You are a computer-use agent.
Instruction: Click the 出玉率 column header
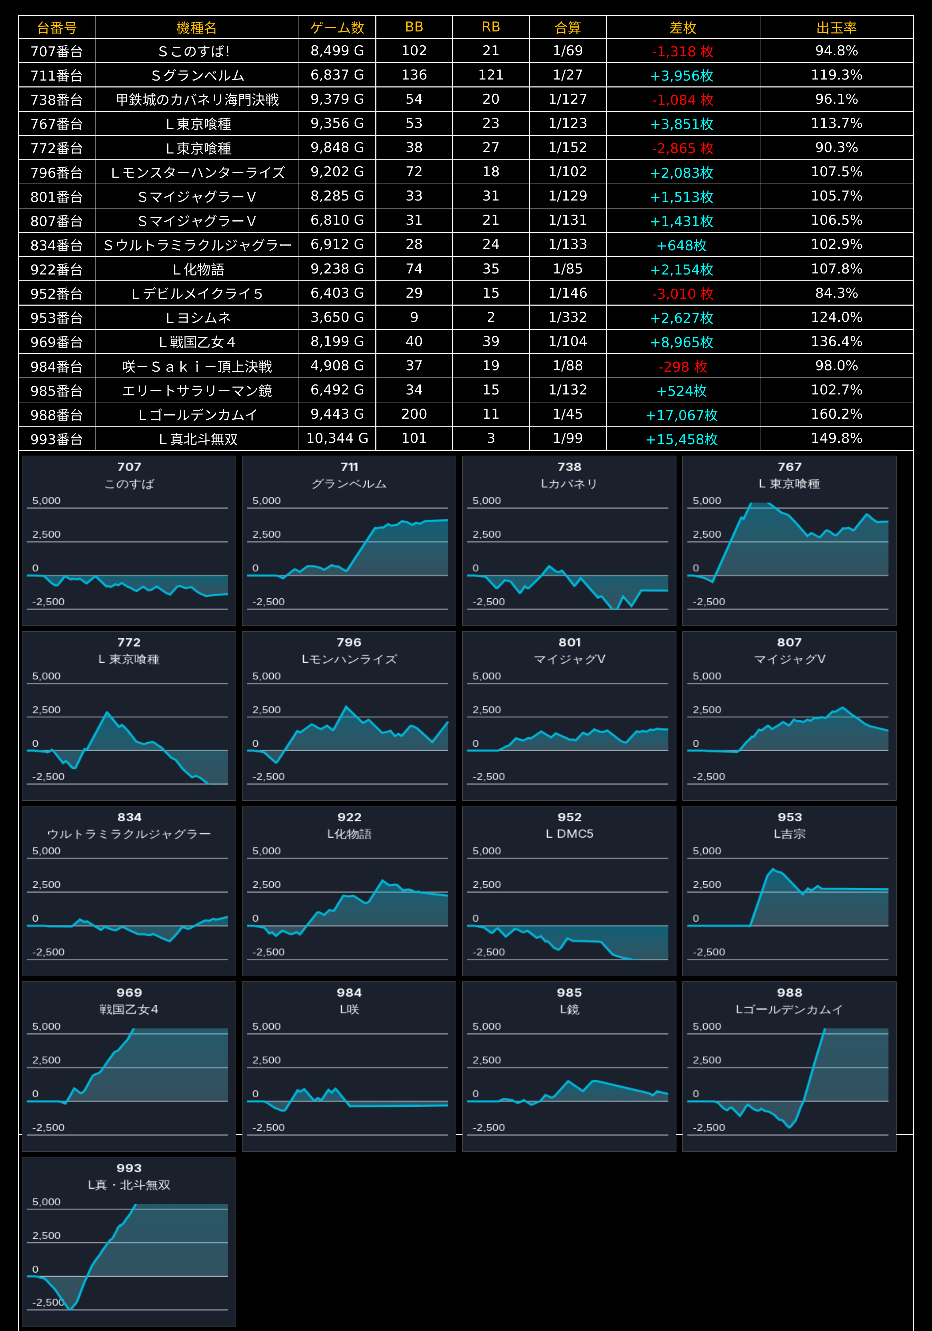836,27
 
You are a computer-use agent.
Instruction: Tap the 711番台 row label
56,75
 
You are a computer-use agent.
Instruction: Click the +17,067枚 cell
682,415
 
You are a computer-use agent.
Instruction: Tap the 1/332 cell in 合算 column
568,317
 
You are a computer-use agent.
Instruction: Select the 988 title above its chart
789,993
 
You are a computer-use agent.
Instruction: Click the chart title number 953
789,817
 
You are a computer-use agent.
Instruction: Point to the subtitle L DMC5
569,834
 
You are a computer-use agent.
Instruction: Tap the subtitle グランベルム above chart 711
349,483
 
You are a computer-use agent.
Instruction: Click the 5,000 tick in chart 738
487,500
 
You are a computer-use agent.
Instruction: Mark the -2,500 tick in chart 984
268,1127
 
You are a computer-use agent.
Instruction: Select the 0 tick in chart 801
476,743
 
